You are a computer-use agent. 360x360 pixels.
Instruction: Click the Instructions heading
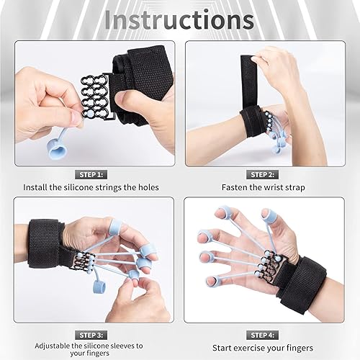click(179, 19)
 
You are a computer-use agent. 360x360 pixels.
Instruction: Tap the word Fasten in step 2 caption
click(235, 188)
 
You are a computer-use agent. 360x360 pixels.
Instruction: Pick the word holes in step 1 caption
click(145, 188)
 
